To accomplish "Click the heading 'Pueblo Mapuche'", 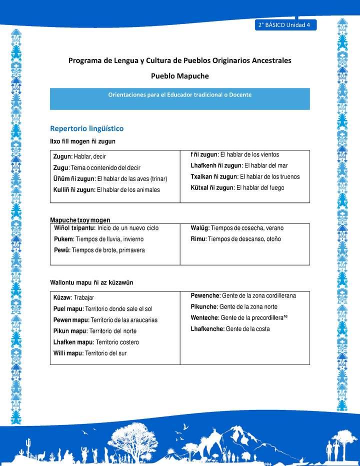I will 179,76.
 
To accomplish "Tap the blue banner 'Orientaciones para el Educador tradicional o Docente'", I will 179,94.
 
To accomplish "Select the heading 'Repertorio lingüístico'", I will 86,128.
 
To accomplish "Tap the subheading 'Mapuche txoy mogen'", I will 80,220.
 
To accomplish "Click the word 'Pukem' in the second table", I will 63,239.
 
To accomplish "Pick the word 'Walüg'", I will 200,228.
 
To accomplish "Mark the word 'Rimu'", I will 198,239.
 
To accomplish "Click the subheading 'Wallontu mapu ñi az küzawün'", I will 91,283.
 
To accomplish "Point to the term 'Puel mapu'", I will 68,309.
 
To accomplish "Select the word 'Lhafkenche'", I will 207,328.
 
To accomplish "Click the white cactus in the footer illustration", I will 28,444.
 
